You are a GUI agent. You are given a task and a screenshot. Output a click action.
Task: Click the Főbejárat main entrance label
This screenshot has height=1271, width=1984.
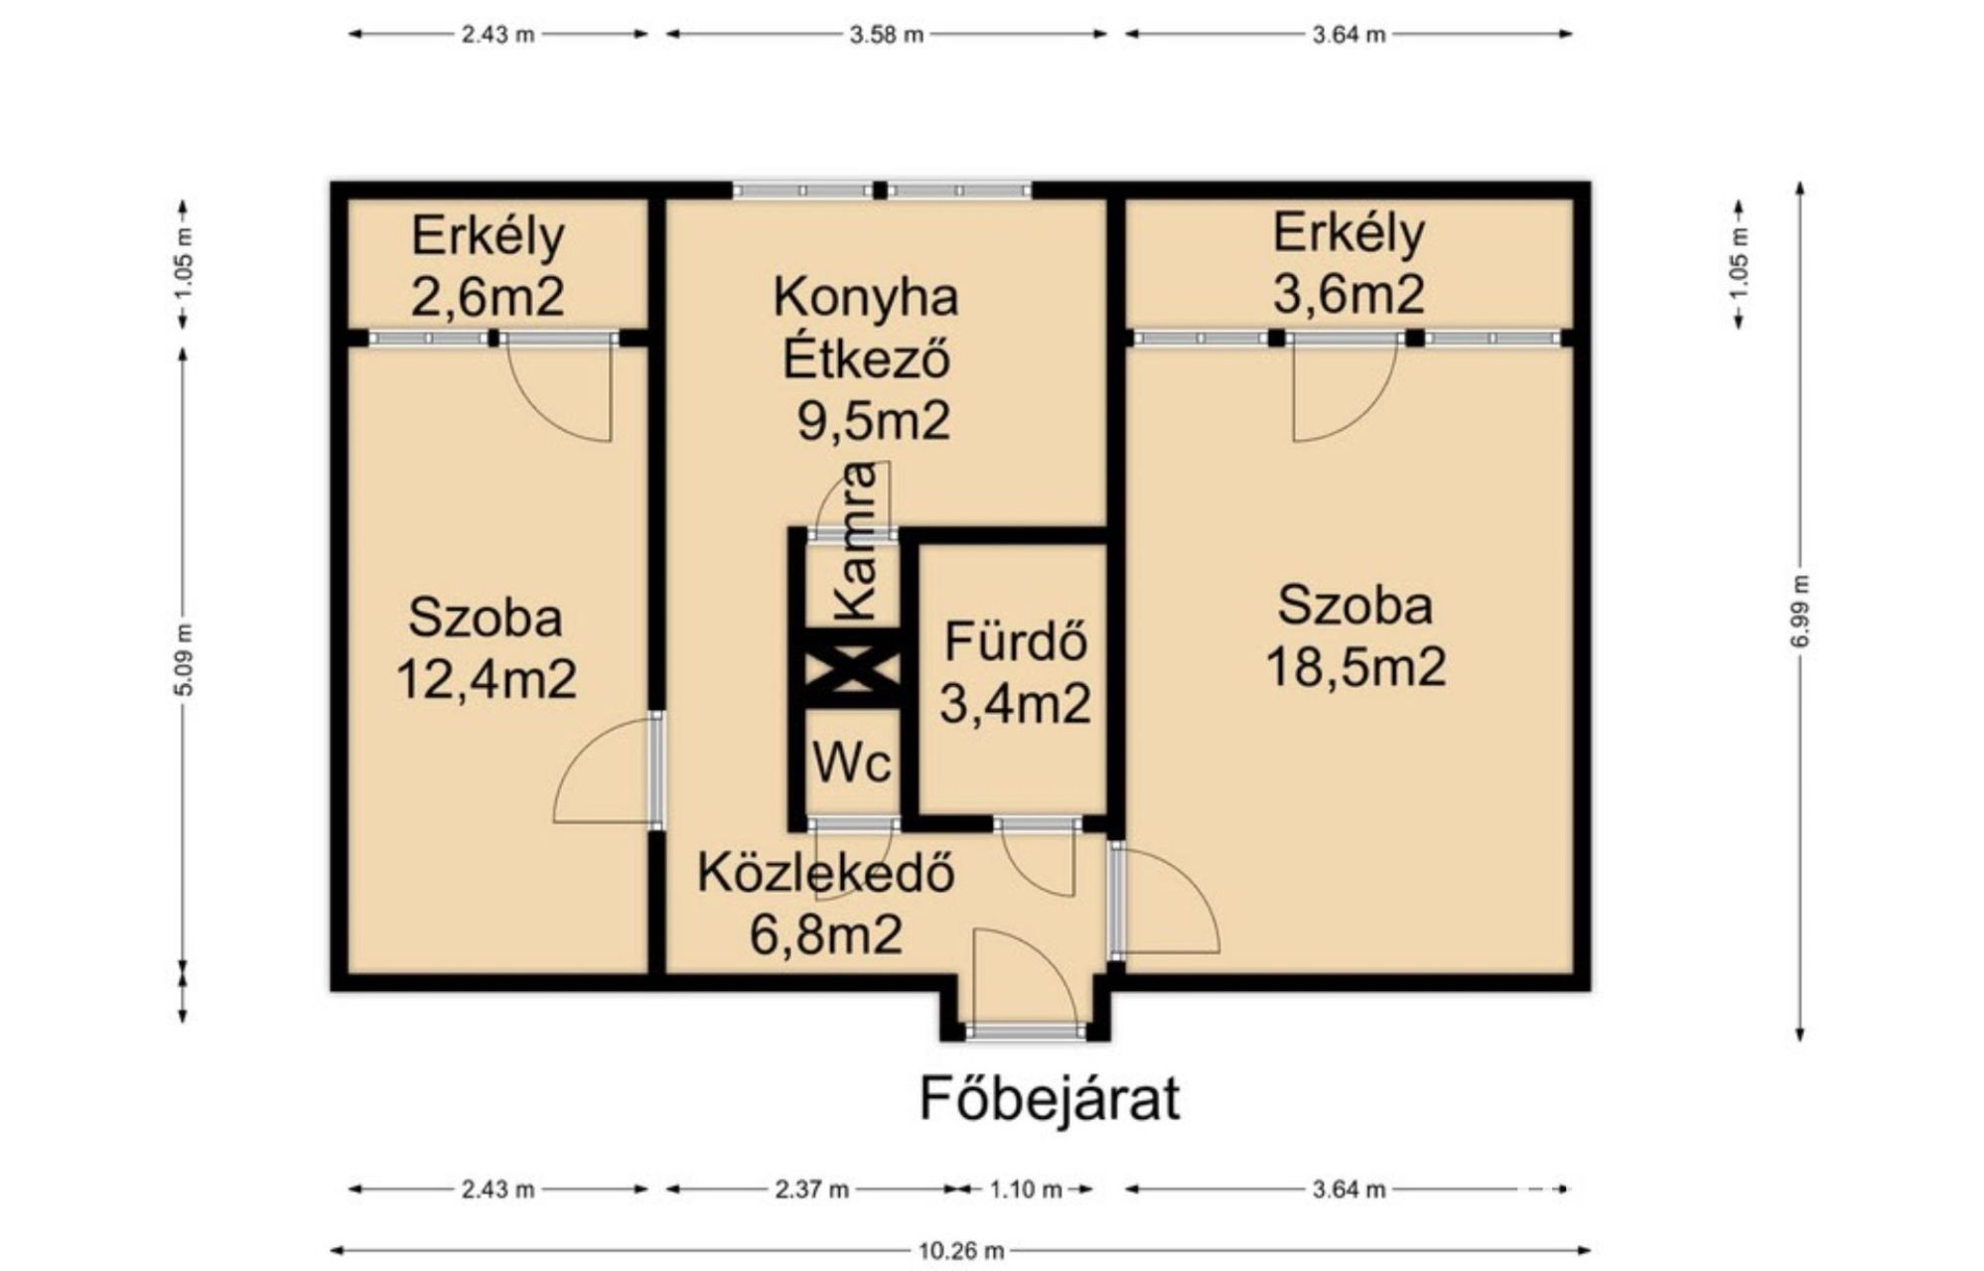[x=1050, y=1099]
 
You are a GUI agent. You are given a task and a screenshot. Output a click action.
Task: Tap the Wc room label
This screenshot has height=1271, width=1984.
[x=852, y=763]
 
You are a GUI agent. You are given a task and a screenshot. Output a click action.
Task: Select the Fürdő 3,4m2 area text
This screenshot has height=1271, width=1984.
[x=1015, y=672]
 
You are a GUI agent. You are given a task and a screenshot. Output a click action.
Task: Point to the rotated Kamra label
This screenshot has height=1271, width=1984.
[x=855, y=541]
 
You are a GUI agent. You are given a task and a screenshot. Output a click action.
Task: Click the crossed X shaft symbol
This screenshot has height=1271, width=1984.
[x=852, y=668]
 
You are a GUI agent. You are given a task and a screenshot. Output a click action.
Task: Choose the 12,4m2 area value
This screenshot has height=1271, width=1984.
[x=487, y=680]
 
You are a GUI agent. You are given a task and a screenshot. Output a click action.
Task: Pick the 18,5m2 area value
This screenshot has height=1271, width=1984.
[x=1355, y=667]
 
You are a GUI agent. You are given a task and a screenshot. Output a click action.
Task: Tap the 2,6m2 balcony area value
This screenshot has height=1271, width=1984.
[x=488, y=296]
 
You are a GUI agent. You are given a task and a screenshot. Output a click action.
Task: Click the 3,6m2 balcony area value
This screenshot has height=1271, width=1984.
[x=1348, y=294]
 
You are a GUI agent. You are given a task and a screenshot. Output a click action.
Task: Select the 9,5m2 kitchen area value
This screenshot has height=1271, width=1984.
[x=874, y=421]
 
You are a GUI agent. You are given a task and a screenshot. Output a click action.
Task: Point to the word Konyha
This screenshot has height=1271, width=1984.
[x=866, y=298]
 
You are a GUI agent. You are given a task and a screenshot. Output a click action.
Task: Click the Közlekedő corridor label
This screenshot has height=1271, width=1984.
[x=826, y=872]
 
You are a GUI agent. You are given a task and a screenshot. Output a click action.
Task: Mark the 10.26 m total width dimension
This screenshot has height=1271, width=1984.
[x=960, y=1251]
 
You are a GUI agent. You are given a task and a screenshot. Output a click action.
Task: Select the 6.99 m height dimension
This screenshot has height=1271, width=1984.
[x=1800, y=612]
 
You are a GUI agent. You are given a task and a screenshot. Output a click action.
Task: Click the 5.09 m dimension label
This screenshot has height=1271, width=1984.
[x=184, y=659]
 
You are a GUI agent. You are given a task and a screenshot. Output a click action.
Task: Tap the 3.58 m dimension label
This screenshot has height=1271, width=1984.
[x=886, y=35]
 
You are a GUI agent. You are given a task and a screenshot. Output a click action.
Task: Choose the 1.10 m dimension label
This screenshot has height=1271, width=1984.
[x=1026, y=1190]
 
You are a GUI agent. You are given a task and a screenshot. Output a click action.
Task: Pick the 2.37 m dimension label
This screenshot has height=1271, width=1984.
[x=811, y=1190]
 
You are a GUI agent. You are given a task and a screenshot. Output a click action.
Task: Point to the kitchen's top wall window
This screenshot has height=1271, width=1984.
[x=883, y=191]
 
